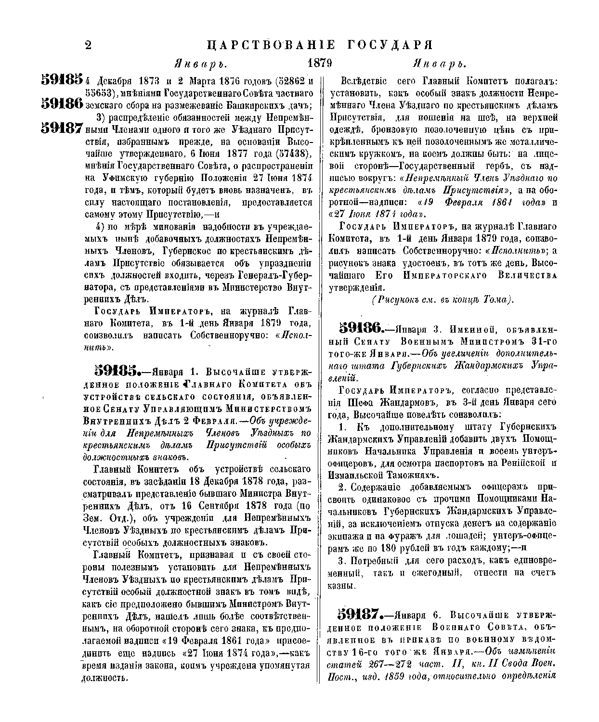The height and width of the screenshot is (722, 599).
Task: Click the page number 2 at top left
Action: [x=88, y=45]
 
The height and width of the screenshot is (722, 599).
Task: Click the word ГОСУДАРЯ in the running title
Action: [x=383, y=45]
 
